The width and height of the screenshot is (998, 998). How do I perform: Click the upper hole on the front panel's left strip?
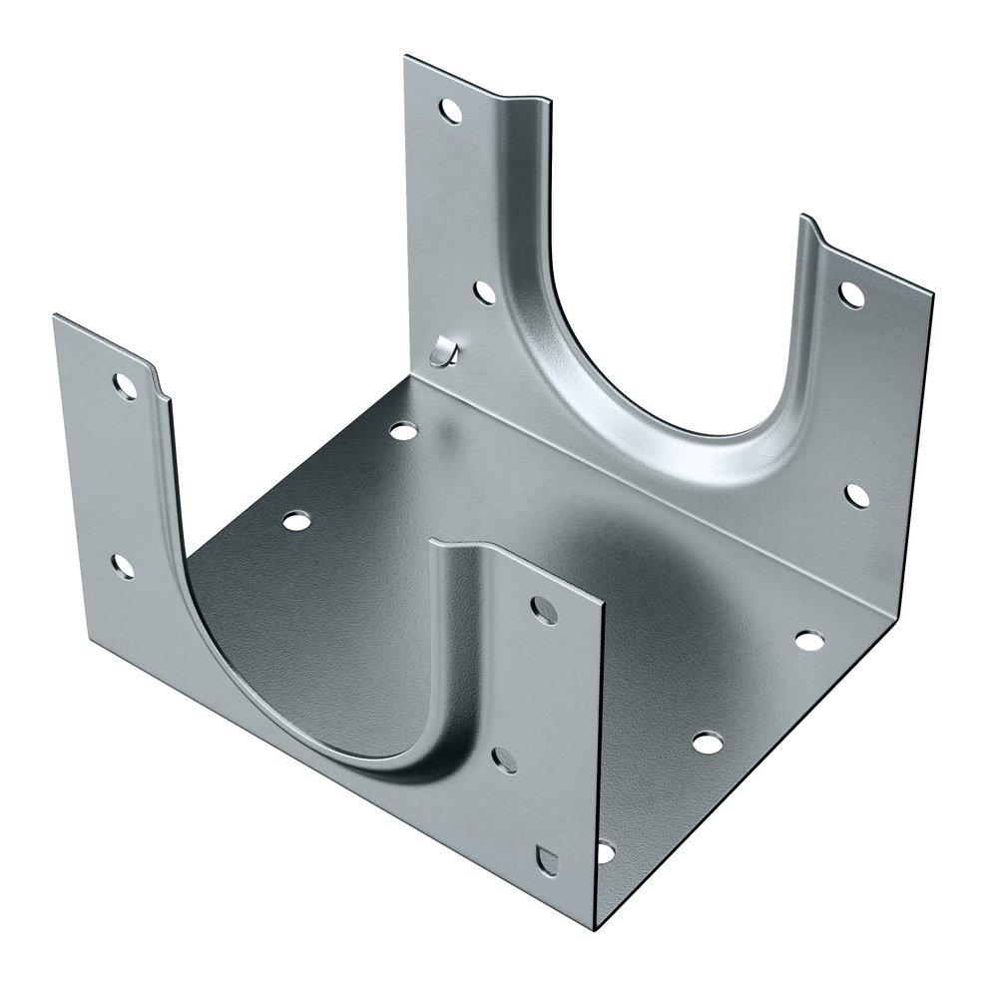(124, 385)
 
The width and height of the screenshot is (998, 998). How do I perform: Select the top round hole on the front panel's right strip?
(545, 609)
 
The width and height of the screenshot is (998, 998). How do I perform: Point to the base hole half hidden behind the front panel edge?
(605, 851)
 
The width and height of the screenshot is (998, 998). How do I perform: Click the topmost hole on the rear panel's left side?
(451, 111)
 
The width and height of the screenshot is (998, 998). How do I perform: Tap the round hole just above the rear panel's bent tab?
(483, 292)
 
